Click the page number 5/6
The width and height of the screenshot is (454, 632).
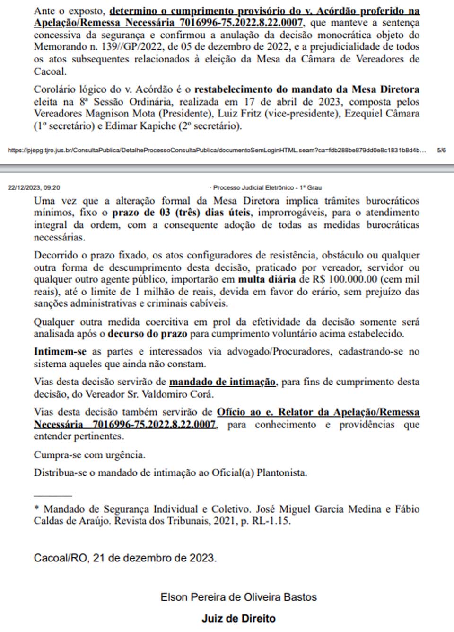[441, 150]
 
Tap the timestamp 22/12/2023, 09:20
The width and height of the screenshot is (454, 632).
[34, 187]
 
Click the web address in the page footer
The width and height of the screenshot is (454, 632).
[217, 150]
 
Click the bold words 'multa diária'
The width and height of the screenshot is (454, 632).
[267, 279]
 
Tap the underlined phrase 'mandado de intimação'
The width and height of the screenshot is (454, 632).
[222, 382]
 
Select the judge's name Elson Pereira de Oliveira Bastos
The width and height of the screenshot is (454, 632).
[238, 597]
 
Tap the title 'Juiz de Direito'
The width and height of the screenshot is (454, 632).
[238, 618]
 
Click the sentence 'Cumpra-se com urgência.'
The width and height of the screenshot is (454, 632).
[89, 455]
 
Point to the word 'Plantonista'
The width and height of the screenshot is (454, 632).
[281, 472]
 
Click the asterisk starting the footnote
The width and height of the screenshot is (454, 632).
[36, 508]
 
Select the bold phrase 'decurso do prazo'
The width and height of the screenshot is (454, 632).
[147, 334]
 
